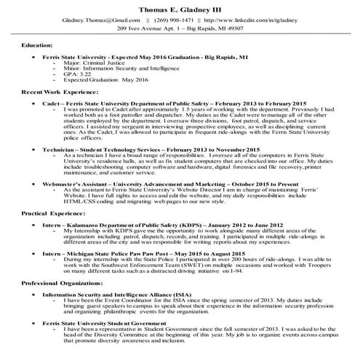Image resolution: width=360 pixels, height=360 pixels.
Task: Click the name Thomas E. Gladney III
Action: [x=180, y=7]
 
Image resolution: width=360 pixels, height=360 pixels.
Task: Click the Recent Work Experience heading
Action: [x=57, y=95]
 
